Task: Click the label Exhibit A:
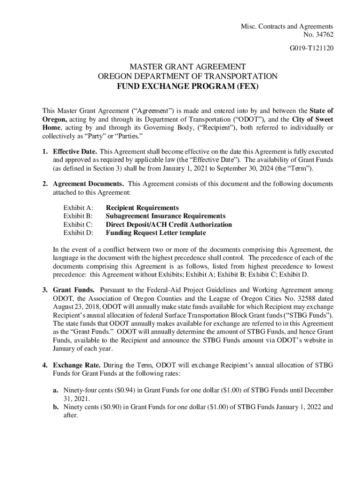(78, 208)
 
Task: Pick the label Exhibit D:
(78, 233)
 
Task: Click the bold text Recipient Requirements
(142, 208)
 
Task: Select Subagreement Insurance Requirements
(166, 216)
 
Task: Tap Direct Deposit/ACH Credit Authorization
(169, 225)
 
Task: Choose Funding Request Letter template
(156, 233)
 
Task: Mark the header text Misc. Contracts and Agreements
(289, 26)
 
